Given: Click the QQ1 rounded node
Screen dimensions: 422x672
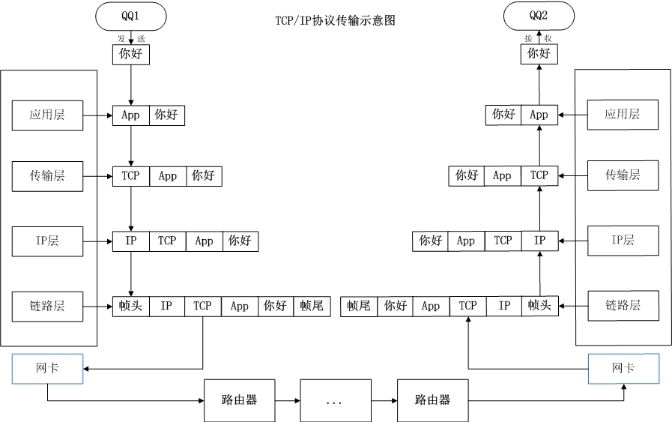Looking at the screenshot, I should [131, 16].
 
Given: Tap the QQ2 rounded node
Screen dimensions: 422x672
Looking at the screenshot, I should [539, 16].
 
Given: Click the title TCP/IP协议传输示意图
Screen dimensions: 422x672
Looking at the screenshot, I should [335, 21].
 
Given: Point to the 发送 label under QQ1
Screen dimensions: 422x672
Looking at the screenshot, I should [131, 38].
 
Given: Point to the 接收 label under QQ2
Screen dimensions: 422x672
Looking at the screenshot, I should [539, 38].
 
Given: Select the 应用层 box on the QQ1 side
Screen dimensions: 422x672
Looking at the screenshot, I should [48, 115].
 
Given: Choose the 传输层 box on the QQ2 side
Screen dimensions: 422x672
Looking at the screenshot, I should [623, 175].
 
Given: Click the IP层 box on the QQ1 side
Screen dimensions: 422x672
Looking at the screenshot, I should [48, 241].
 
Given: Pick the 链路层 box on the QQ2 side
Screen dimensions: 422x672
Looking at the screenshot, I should [623, 306].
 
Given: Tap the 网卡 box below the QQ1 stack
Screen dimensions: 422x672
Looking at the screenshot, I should [48, 369].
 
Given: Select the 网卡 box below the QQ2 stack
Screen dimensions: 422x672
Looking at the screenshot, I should [623, 369].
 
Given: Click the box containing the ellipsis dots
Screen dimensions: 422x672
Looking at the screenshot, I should [335, 400].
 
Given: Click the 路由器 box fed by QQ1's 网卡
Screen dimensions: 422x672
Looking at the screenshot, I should [240, 400].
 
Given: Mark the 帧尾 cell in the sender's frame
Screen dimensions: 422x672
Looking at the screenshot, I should [312, 306].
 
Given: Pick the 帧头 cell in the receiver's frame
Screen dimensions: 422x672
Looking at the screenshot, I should [539, 306].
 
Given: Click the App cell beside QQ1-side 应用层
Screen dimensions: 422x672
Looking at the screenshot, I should [131, 115].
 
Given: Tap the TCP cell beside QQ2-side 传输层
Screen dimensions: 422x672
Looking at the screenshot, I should [539, 175].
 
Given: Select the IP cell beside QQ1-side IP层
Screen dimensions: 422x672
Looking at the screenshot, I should [131, 241].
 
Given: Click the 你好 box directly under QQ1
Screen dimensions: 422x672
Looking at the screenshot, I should [131, 54].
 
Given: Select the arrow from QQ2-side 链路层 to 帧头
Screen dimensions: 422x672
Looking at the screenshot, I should [573, 306].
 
